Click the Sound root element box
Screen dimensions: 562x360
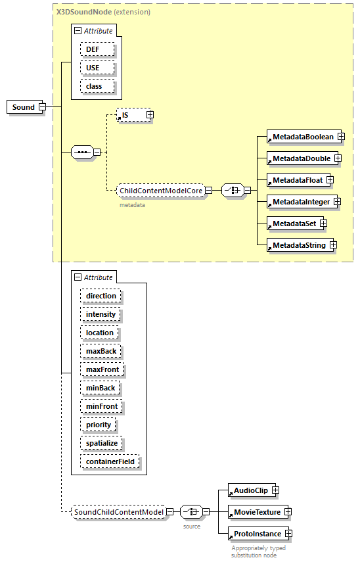click(x=24, y=107)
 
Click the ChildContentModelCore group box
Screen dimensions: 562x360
click(x=160, y=191)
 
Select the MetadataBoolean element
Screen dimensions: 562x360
click(x=304, y=137)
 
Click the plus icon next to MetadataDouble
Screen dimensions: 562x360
click(x=337, y=158)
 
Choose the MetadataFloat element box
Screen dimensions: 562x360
click(x=296, y=180)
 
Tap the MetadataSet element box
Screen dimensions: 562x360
click(x=292, y=223)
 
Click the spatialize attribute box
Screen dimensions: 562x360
click(x=102, y=443)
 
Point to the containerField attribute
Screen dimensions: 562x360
click(x=110, y=461)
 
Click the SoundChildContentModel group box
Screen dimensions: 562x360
click(x=118, y=511)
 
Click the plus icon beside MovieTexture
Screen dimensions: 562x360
click(x=287, y=512)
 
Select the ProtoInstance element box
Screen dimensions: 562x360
click(x=255, y=534)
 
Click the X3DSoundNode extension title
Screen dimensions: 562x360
click(x=103, y=12)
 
